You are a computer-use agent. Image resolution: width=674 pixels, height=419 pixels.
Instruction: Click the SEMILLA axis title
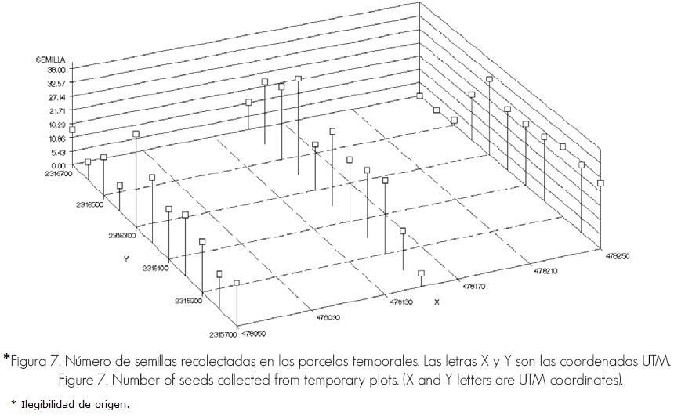point(54,60)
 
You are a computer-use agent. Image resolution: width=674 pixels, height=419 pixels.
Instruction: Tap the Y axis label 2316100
point(156,268)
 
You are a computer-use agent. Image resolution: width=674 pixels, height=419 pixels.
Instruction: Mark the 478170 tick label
point(475,286)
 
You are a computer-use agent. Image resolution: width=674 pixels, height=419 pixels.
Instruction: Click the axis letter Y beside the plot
point(125,258)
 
